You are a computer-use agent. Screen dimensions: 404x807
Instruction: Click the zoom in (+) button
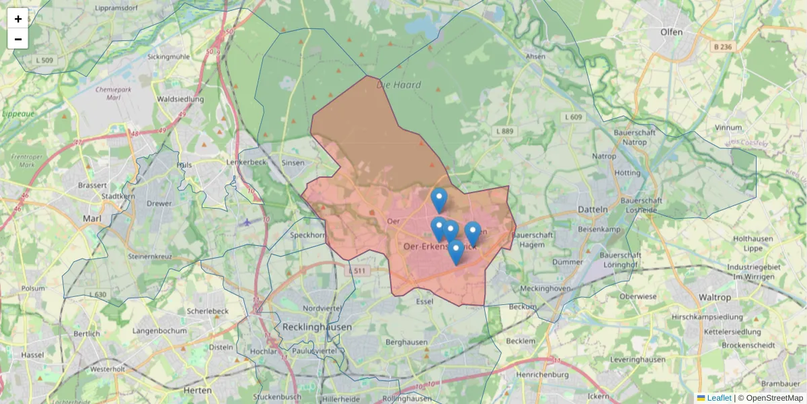(x=18, y=19)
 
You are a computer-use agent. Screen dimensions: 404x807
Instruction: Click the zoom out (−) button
(x=18, y=39)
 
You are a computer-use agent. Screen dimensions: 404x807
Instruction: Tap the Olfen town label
(x=671, y=32)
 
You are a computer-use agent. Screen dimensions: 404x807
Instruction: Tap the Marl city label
(x=91, y=218)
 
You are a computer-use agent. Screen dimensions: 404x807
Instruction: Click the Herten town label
(x=198, y=390)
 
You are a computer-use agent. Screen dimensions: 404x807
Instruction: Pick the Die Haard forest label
(x=399, y=85)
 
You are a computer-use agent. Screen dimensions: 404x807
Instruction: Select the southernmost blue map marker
(x=455, y=252)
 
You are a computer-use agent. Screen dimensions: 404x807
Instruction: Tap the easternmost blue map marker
(x=473, y=233)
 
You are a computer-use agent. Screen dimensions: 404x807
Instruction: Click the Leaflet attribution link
(x=719, y=398)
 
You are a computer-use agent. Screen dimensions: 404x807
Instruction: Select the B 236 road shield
(x=722, y=46)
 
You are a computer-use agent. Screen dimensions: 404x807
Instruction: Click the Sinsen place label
(x=293, y=162)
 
